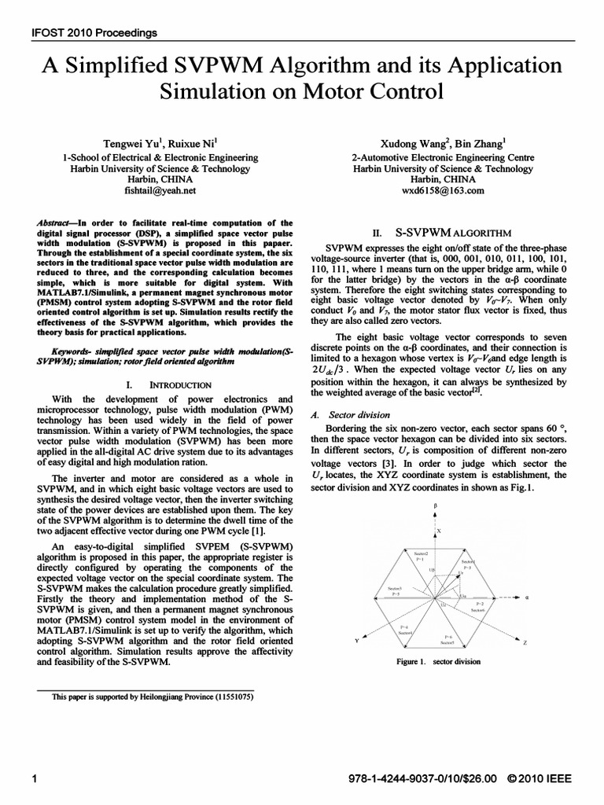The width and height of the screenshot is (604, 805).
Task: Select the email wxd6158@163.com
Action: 442,190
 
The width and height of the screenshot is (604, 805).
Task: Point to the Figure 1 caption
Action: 439,661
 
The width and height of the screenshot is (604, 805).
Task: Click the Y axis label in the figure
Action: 356,641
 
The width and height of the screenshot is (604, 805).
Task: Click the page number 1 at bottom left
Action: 34,778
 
